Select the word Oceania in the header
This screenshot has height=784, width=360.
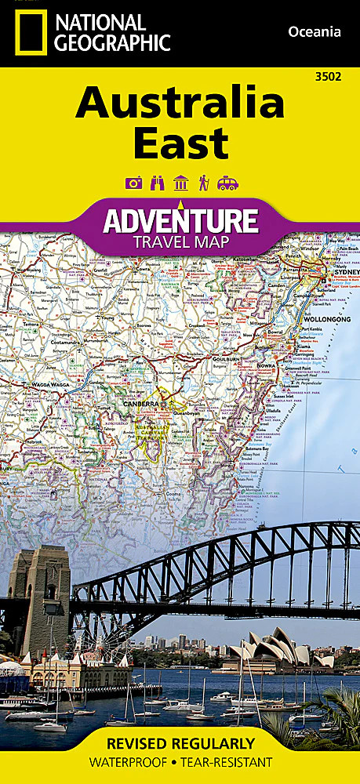(315, 31)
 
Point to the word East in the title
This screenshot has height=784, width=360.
(180, 143)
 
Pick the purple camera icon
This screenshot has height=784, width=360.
(133, 183)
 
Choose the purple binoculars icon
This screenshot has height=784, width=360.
(156, 183)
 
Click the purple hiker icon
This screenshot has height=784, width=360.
(203, 183)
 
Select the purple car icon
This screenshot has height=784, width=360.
(227, 183)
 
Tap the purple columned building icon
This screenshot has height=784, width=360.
(180, 183)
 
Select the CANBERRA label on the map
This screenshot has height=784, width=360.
(140, 404)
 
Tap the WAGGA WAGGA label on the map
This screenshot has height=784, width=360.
(49, 385)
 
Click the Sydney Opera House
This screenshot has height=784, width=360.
(271, 650)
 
